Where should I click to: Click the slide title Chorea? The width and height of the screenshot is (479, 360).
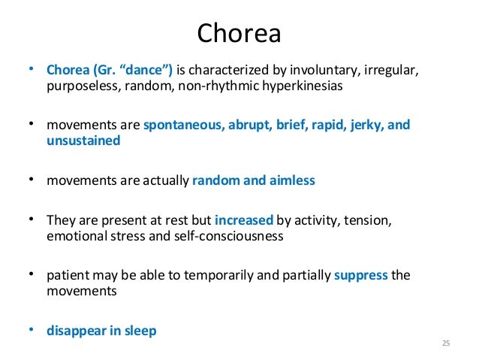[239, 32]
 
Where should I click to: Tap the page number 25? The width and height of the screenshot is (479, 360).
[445, 343]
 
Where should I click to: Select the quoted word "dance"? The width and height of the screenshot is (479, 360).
[147, 71]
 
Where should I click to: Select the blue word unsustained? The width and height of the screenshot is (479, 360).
[83, 141]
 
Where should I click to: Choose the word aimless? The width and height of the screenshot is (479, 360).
[291, 180]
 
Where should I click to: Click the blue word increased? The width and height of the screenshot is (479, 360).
[243, 220]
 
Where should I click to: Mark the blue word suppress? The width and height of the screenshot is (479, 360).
[361, 275]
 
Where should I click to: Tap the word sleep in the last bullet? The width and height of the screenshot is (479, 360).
[141, 330]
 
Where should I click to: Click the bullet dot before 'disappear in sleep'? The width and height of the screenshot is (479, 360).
[32, 328]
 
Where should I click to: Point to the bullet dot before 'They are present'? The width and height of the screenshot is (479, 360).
[32, 219]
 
